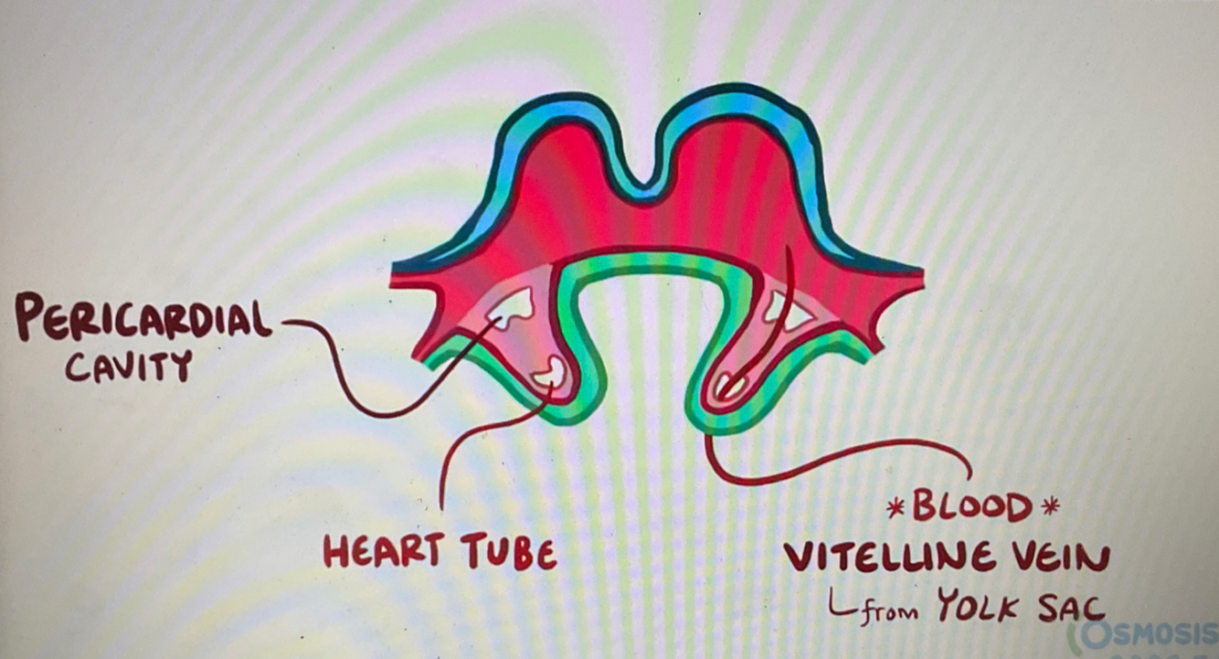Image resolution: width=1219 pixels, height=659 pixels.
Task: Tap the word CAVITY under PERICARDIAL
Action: [x=128, y=367]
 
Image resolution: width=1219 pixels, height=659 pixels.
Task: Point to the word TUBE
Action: [x=508, y=551]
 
